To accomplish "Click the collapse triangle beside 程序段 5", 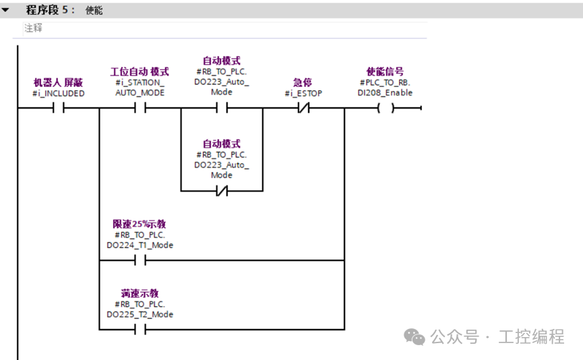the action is tap(5, 10).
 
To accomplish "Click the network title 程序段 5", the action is tap(50, 10).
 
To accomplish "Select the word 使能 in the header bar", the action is tap(94, 10).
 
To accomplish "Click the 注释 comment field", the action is tap(34, 28).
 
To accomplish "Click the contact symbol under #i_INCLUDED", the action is tap(59, 109).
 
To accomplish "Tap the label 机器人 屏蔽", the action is tap(59, 82).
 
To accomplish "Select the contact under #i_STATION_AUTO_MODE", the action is tap(140, 109).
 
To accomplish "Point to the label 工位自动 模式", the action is tap(140, 71).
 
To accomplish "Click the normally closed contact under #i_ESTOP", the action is tap(303, 109).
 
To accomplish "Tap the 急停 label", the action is tap(303, 82).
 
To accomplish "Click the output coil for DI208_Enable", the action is tap(386, 109).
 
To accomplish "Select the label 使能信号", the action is tap(386, 71).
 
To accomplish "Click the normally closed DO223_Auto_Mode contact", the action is tap(222, 191).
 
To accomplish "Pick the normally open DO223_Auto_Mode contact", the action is tap(222, 109).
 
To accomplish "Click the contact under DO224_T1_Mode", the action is tap(140, 261).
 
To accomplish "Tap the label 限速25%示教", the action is tap(140, 224).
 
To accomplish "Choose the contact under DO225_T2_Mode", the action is tap(140, 330).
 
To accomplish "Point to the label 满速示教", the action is tap(140, 293).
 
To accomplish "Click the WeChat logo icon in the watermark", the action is tap(415, 337).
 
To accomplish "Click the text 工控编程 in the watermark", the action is tap(531, 337).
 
